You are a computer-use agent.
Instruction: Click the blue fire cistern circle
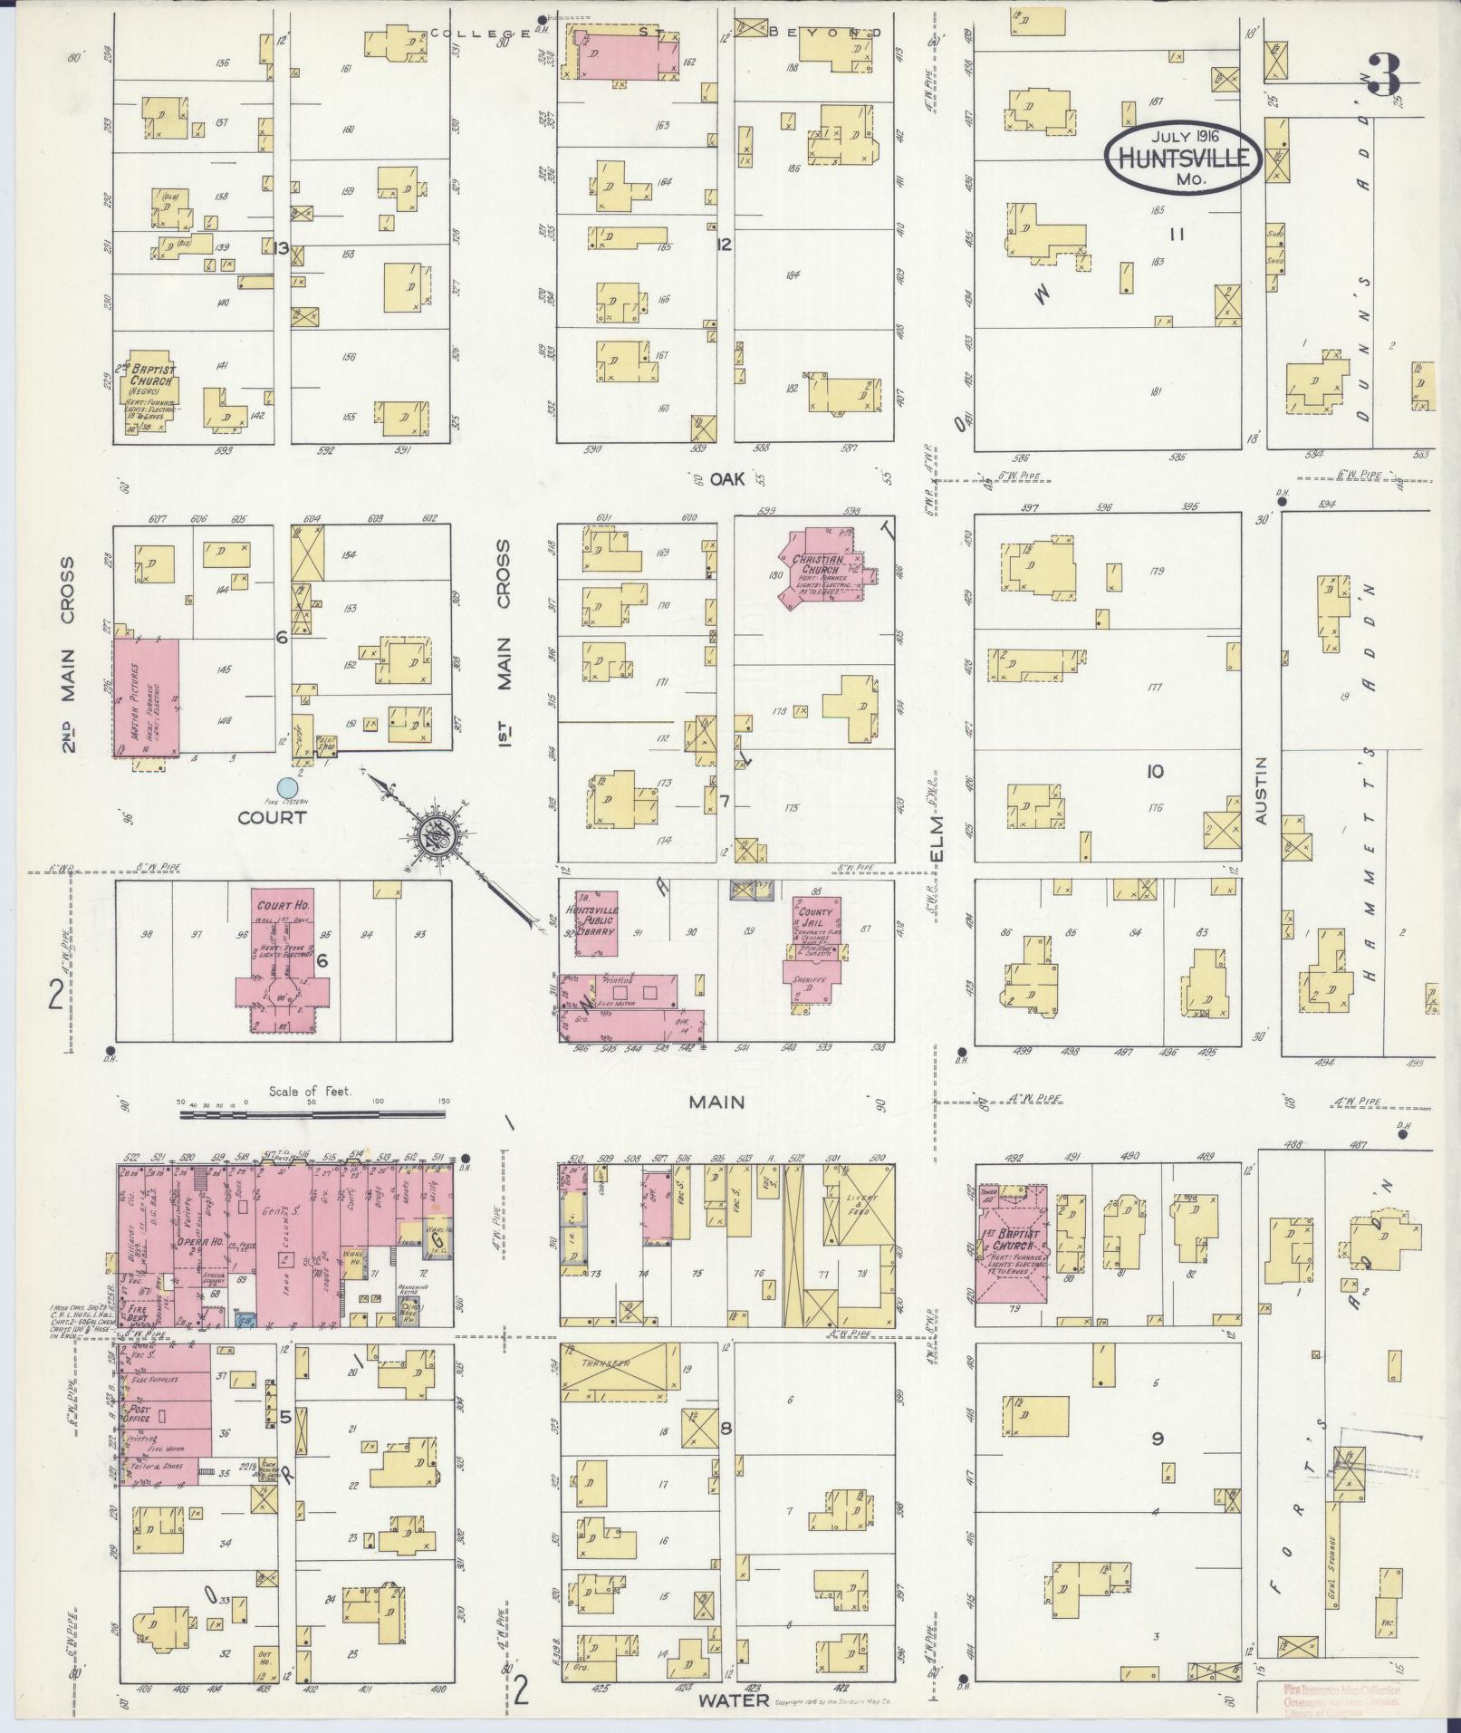287,787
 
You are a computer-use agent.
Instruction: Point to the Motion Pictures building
145,697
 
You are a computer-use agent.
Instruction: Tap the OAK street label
727,479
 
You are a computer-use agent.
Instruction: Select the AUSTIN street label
1264,790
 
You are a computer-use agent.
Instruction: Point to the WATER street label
733,1700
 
